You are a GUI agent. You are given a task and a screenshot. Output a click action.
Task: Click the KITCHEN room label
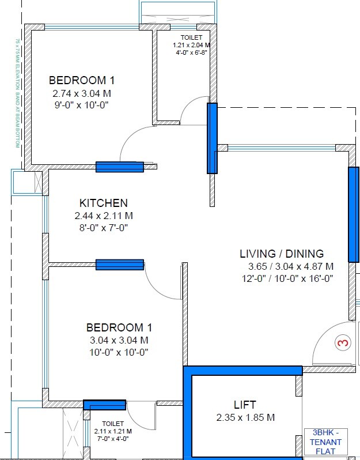click(x=104, y=203)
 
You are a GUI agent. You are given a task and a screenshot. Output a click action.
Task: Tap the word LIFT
click(x=245, y=405)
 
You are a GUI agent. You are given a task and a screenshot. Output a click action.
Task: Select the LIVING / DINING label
click(x=282, y=254)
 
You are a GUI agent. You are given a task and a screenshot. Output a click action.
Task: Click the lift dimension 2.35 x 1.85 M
click(x=245, y=417)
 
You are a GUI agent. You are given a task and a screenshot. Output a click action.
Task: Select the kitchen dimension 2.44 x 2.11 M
click(x=104, y=216)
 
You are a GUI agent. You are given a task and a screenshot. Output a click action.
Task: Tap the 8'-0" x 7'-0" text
click(x=104, y=228)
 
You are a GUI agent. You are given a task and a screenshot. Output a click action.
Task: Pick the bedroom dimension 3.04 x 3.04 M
click(x=118, y=340)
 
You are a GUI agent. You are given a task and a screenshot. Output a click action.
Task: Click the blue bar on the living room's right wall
click(x=353, y=214)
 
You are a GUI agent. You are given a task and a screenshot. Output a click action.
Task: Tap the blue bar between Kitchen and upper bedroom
click(x=119, y=167)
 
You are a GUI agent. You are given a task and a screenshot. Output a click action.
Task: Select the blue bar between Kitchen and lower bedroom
click(x=119, y=265)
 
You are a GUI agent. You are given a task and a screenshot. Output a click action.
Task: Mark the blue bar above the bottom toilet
click(x=104, y=405)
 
